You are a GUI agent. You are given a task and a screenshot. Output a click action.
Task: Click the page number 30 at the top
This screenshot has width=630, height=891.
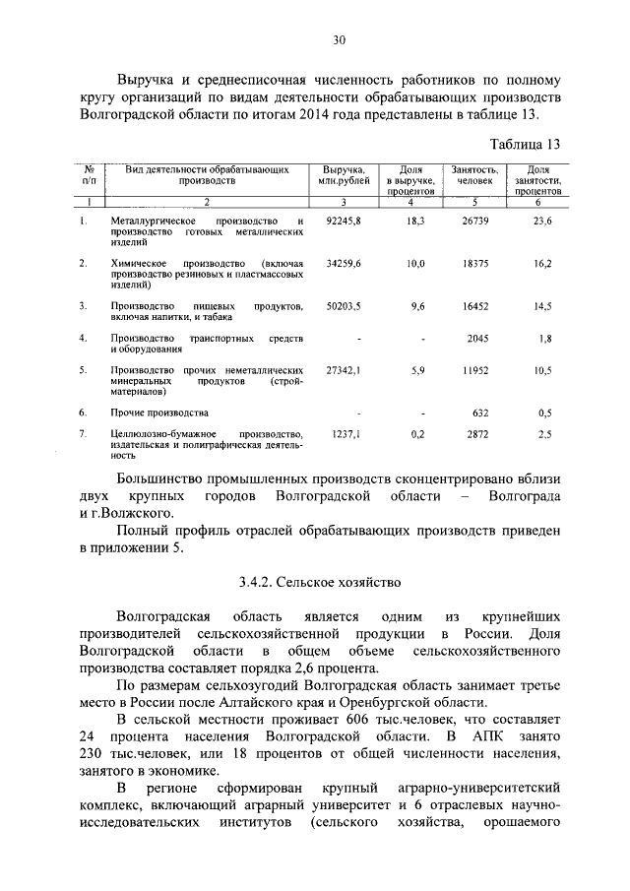tap(339, 40)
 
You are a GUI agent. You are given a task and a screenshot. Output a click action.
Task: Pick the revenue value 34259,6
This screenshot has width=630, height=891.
tap(344, 264)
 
